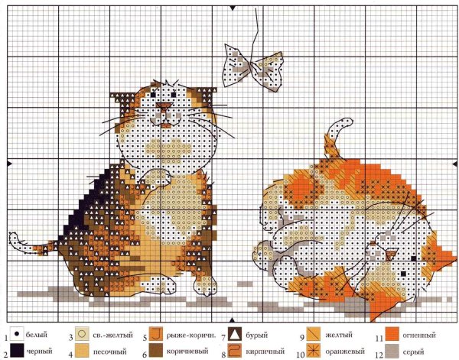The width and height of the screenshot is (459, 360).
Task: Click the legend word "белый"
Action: click(37, 336)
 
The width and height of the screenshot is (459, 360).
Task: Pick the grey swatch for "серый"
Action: click(392, 352)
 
